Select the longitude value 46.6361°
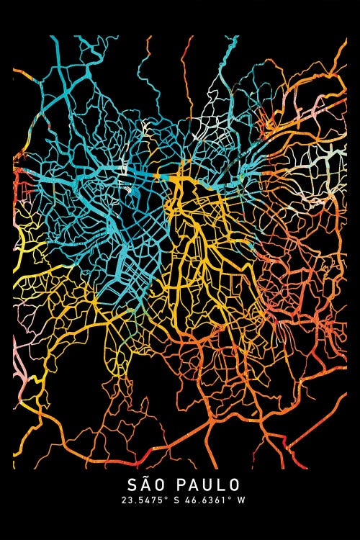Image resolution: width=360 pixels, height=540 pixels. (x=203, y=500)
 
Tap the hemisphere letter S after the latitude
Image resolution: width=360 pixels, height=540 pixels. (x=173, y=500)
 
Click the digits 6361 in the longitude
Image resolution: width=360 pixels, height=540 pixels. (x=209, y=500)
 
